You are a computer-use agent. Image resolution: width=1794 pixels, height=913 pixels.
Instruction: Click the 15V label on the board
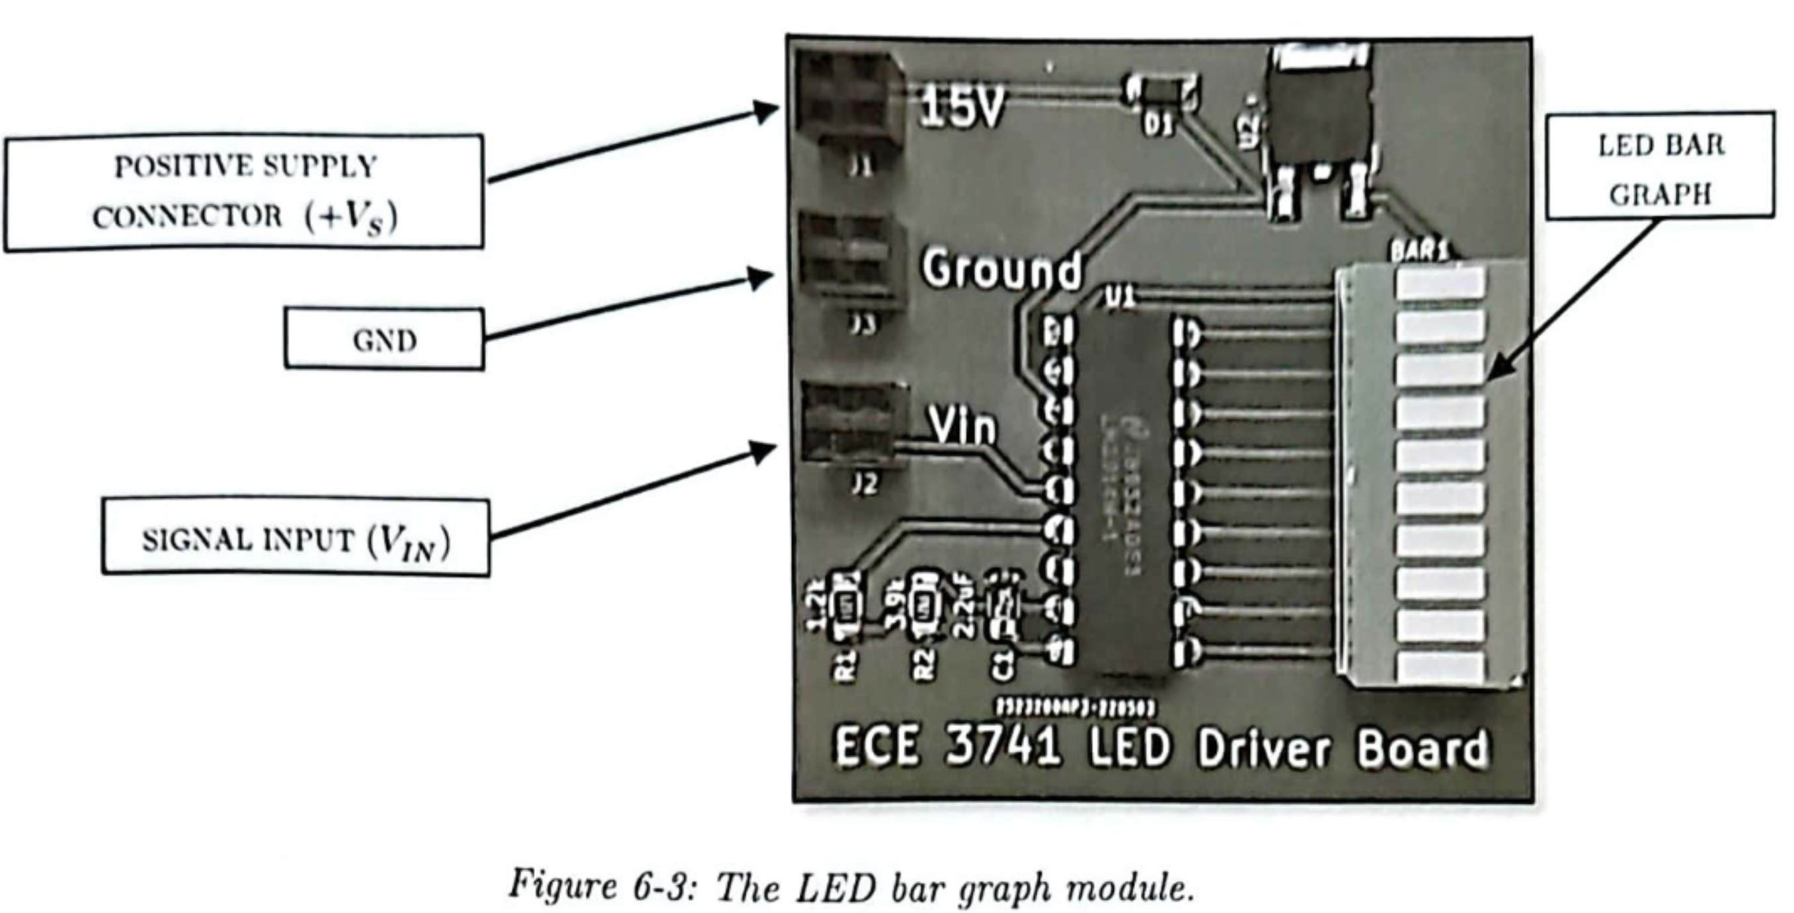tap(962, 108)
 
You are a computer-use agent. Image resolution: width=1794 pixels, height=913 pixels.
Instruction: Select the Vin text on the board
tap(962, 426)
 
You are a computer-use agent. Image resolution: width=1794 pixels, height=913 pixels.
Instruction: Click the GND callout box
tap(384, 339)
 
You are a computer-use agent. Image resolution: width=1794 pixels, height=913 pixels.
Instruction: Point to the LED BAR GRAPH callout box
tap(1660, 167)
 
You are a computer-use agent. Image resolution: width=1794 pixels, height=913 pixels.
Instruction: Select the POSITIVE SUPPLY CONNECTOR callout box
tap(243, 192)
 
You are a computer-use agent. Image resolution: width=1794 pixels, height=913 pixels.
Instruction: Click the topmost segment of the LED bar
tap(1440, 282)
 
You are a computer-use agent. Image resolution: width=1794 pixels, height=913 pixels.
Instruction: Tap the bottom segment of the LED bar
tap(1440, 666)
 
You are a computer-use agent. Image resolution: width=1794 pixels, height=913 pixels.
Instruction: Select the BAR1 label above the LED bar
tap(1418, 250)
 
